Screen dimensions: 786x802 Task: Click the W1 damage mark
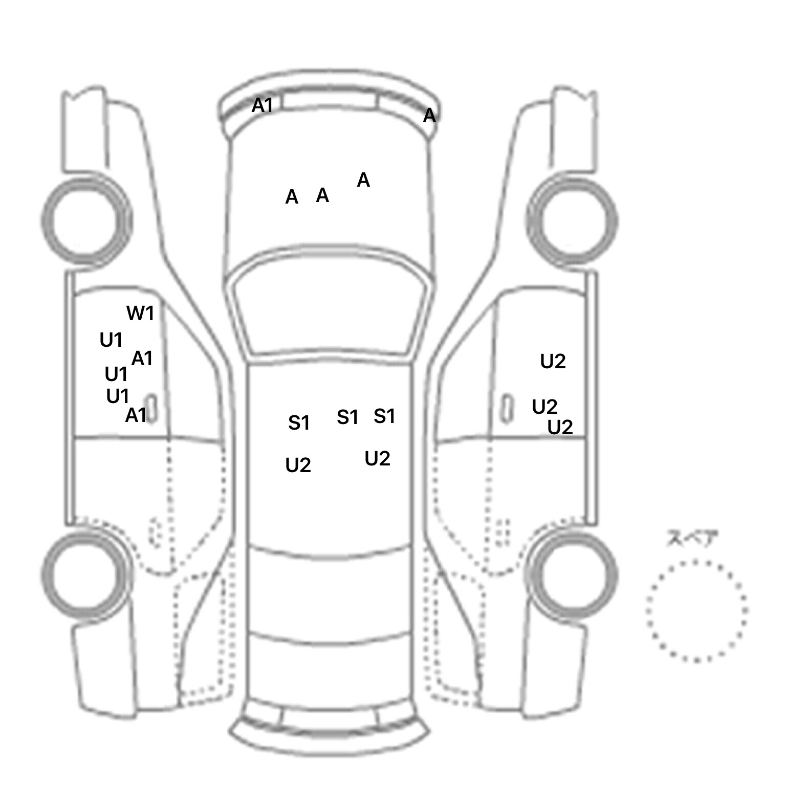point(140,313)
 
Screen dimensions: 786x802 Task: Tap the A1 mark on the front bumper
point(262,105)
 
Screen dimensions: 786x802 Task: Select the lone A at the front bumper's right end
point(429,116)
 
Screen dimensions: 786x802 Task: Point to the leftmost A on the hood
point(292,197)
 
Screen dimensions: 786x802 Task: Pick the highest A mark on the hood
point(363,180)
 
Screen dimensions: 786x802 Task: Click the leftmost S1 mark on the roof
point(299,423)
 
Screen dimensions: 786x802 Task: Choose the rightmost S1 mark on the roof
point(384,416)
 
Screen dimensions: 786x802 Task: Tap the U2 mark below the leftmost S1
point(298,465)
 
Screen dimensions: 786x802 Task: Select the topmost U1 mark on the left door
point(111,340)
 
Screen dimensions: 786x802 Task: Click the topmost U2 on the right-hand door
point(553,362)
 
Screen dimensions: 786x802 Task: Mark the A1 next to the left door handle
point(136,415)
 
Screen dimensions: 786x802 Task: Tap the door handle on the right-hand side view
point(506,408)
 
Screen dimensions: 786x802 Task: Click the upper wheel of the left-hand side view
point(86,221)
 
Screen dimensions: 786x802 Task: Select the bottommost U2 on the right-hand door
point(560,427)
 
